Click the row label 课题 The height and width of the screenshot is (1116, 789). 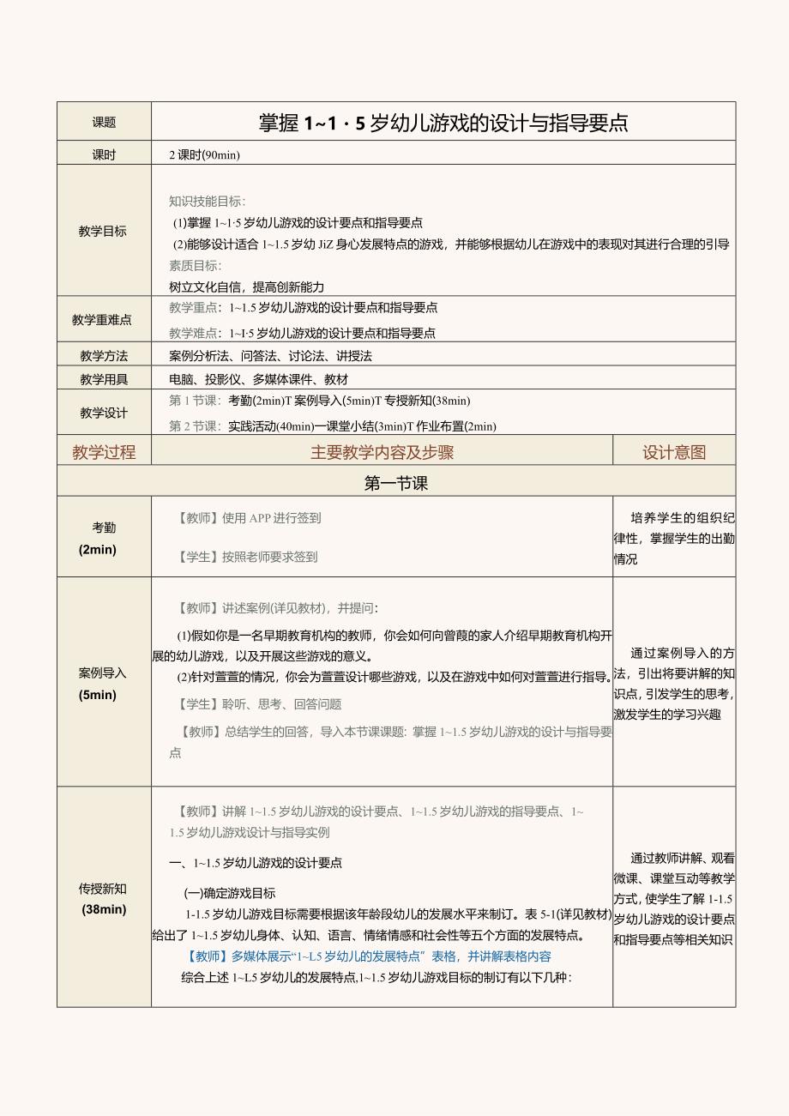point(104,122)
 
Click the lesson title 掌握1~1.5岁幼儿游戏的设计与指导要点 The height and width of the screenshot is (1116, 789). point(443,123)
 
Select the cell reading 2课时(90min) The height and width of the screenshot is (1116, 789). point(205,154)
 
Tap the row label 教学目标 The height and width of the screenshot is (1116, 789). point(103,231)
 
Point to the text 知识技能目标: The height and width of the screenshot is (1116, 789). point(208,202)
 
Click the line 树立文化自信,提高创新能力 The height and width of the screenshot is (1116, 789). point(247,287)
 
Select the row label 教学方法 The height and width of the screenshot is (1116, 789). point(104,355)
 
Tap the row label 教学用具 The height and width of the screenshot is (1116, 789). point(104,378)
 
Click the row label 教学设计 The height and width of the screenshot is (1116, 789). point(104,413)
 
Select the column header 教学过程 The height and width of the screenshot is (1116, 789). point(104,452)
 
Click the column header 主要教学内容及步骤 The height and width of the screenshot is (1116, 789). point(382,452)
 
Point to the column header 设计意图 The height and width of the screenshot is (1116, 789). point(674,452)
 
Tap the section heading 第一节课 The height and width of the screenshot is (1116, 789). point(396,483)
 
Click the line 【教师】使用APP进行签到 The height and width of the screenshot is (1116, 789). point(249,518)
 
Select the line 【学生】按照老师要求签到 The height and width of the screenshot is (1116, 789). point(247,557)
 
